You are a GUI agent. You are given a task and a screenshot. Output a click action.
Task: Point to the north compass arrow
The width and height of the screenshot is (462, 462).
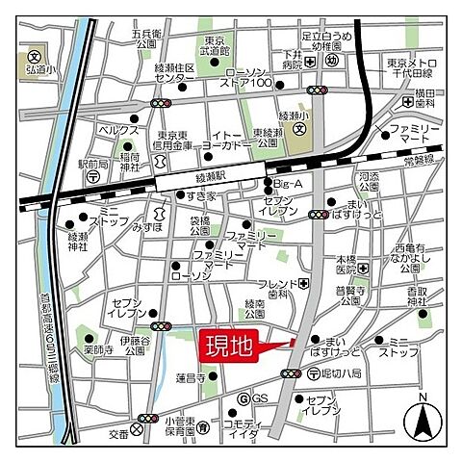coord(423,418)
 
